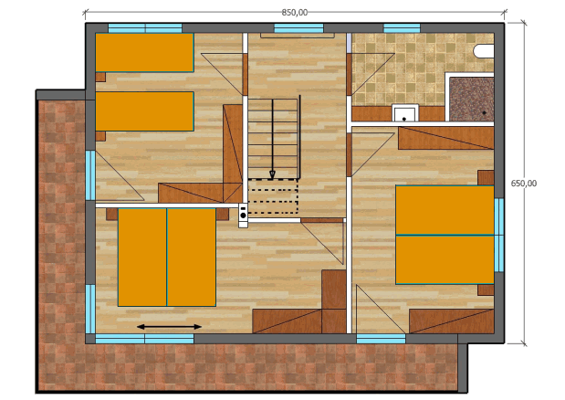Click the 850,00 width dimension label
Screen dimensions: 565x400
click(x=295, y=12)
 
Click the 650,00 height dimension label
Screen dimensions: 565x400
click(x=524, y=184)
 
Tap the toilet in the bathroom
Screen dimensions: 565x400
click(x=483, y=51)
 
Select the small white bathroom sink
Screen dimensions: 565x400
click(x=405, y=113)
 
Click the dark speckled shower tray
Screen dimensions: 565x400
click(x=472, y=100)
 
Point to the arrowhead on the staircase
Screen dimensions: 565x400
click(x=272, y=174)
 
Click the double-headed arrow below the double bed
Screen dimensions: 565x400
click(x=170, y=327)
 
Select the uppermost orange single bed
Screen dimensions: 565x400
click(x=144, y=53)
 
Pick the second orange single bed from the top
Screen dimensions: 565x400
click(x=144, y=111)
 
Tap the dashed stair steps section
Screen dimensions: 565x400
click(x=273, y=196)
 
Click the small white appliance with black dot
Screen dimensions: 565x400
click(x=243, y=216)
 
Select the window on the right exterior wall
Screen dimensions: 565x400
click(x=499, y=235)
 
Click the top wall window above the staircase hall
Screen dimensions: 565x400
click(x=298, y=28)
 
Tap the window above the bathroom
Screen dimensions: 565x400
click(x=402, y=28)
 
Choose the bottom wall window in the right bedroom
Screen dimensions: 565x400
click(x=381, y=339)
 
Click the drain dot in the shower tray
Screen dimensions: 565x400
click(x=485, y=113)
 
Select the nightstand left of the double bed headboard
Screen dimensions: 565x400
click(x=112, y=214)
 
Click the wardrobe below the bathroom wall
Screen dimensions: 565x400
click(x=445, y=138)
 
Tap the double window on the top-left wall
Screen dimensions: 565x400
click(x=145, y=28)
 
